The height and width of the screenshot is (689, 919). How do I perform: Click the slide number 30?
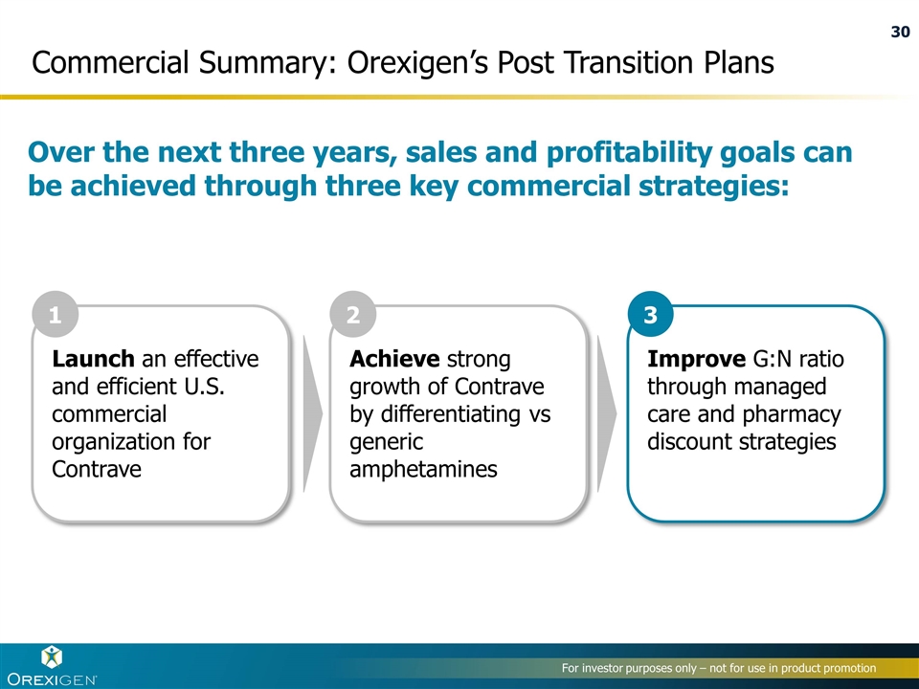point(900,32)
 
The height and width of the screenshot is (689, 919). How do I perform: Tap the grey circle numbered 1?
point(56,314)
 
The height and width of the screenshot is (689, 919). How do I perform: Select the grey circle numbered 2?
point(353,314)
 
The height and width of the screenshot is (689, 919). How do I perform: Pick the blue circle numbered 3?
point(651,314)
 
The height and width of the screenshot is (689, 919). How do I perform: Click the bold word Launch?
point(93,359)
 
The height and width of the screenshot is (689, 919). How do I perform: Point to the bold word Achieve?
point(394,359)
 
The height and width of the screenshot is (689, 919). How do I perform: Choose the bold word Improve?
point(696,359)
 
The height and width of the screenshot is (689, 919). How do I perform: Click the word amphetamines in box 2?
point(423,469)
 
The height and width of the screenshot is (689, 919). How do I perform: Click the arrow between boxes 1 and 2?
point(312,413)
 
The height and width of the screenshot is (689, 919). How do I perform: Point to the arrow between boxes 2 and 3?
point(607,413)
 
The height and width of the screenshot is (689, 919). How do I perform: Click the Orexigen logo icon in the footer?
point(52,657)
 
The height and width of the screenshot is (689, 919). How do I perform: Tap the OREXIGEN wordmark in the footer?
point(52,679)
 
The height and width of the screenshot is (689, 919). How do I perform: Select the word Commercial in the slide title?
point(110,62)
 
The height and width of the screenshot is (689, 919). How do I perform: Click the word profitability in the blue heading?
point(629,152)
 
